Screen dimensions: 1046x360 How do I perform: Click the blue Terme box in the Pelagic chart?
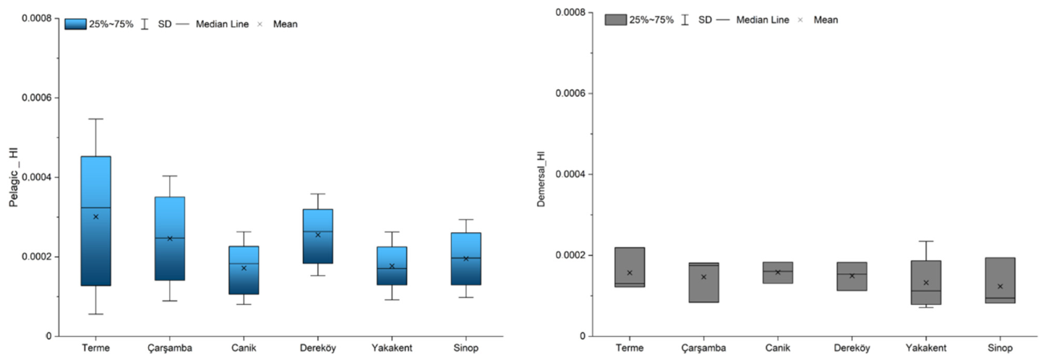pyautogui.click(x=95, y=221)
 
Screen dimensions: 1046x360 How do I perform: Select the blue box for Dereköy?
pyautogui.click(x=318, y=236)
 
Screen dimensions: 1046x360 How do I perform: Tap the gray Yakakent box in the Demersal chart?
pyautogui.click(x=926, y=283)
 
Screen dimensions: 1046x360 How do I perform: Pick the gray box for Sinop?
pyautogui.click(x=1000, y=280)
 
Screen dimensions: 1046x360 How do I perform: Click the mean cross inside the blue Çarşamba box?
pyautogui.click(x=170, y=239)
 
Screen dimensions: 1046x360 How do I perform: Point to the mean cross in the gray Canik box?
pyautogui.click(x=778, y=273)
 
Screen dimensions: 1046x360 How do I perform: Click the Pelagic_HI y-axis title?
pyautogui.click(x=14, y=177)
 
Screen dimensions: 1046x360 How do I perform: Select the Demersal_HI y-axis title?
pyautogui.click(x=541, y=179)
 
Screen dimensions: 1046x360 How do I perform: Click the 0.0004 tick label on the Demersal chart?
pyautogui.click(x=570, y=174)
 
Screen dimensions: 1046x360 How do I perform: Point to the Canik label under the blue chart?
pyautogui.click(x=244, y=348)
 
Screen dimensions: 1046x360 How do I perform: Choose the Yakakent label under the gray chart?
pyautogui.click(x=926, y=348)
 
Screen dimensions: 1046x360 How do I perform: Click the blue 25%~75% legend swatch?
pyautogui.click(x=75, y=24)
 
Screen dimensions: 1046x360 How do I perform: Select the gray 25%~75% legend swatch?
pyautogui.click(x=615, y=20)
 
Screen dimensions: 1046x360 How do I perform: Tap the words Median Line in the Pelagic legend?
pyautogui.click(x=222, y=24)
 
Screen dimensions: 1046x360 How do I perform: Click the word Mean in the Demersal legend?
pyautogui.click(x=826, y=20)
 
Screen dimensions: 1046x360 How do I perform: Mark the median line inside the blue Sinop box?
pyautogui.click(x=466, y=258)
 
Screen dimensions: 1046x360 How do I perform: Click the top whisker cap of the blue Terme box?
pyautogui.click(x=95, y=119)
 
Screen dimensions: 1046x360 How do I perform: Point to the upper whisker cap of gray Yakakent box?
pyautogui.click(x=926, y=241)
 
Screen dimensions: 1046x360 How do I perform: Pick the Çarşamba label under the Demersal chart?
pyautogui.click(x=703, y=348)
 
